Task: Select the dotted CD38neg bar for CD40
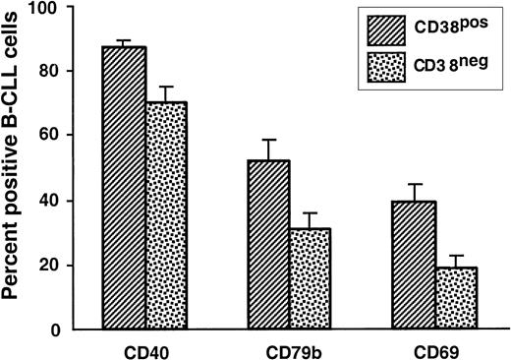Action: coord(167,215)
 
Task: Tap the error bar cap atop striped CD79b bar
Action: coord(270,140)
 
